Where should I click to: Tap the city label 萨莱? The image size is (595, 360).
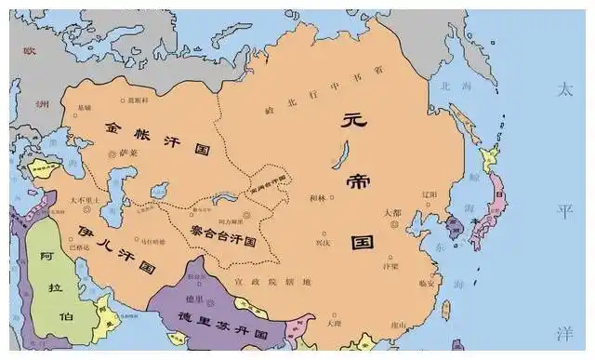pyautogui.click(x=126, y=152)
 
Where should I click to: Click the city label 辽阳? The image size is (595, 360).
pyautogui.click(x=429, y=194)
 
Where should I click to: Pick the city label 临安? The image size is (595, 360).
pyautogui.click(x=424, y=284)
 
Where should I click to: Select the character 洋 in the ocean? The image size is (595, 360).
pyautogui.click(x=563, y=333)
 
